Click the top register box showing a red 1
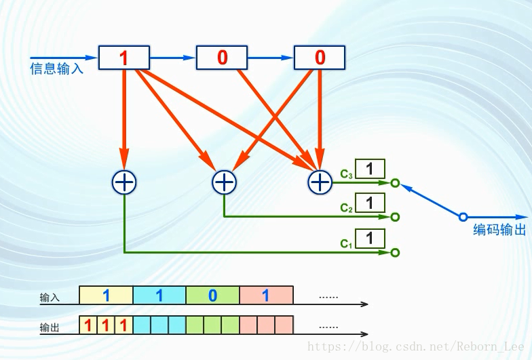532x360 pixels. (123, 58)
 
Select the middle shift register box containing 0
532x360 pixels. (222, 58)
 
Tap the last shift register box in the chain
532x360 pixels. (320, 58)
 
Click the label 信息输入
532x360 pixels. (56, 68)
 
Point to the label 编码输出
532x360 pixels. (499, 230)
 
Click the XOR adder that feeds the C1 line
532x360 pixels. (123, 181)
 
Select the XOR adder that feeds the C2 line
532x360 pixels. (224, 181)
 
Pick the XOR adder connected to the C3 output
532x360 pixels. (319, 181)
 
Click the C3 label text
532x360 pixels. (346, 174)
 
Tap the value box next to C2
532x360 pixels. (370, 203)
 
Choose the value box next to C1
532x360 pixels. (370, 239)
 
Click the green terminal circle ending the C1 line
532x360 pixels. (396, 252)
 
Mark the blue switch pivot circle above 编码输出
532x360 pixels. (463, 217)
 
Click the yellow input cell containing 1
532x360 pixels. (106, 295)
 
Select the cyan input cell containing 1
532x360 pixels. (159, 295)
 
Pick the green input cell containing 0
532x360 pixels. (212, 295)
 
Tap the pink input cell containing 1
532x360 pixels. (266, 295)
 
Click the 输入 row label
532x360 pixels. (50, 298)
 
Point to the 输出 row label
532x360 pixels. (50, 328)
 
